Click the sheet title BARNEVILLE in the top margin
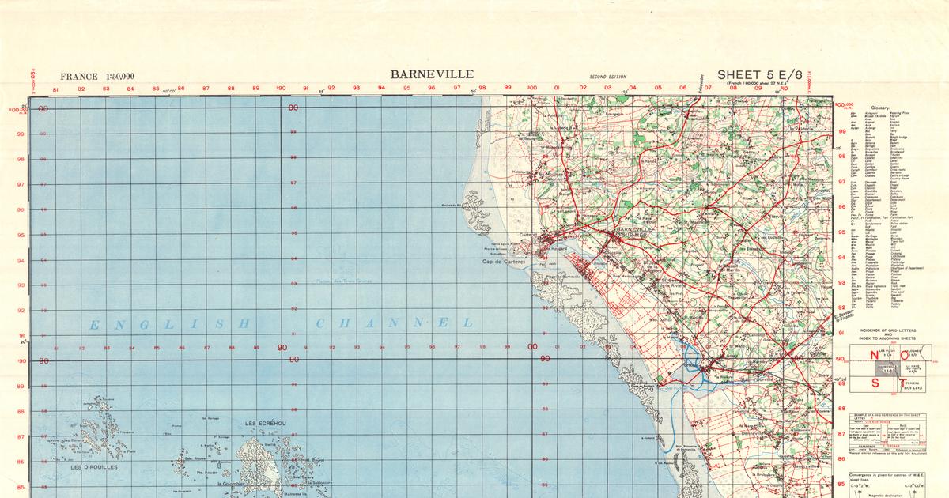(x=432, y=74)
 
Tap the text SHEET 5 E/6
(x=759, y=75)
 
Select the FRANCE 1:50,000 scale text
(x=90, y=77)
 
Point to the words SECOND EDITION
(x=607, y=77)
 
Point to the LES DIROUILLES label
(x=94, y=467)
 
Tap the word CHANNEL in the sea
(x=395, y=323)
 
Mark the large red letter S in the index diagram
(x=875, y=383)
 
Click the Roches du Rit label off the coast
(x=452, y=206)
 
